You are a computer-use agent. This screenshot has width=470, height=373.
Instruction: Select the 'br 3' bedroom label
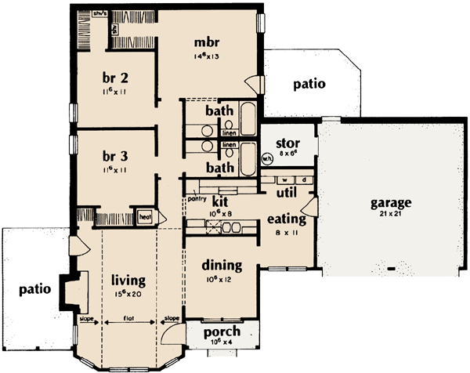[115, 155]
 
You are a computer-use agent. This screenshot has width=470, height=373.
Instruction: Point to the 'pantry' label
[197, 199]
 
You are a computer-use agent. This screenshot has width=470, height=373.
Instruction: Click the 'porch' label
[221, 331]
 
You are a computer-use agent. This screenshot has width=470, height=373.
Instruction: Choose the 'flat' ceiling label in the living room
[131, 319]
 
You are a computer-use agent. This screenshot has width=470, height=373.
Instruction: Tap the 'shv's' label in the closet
[99, 13]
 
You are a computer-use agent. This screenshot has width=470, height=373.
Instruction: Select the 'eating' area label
[281, 219]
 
